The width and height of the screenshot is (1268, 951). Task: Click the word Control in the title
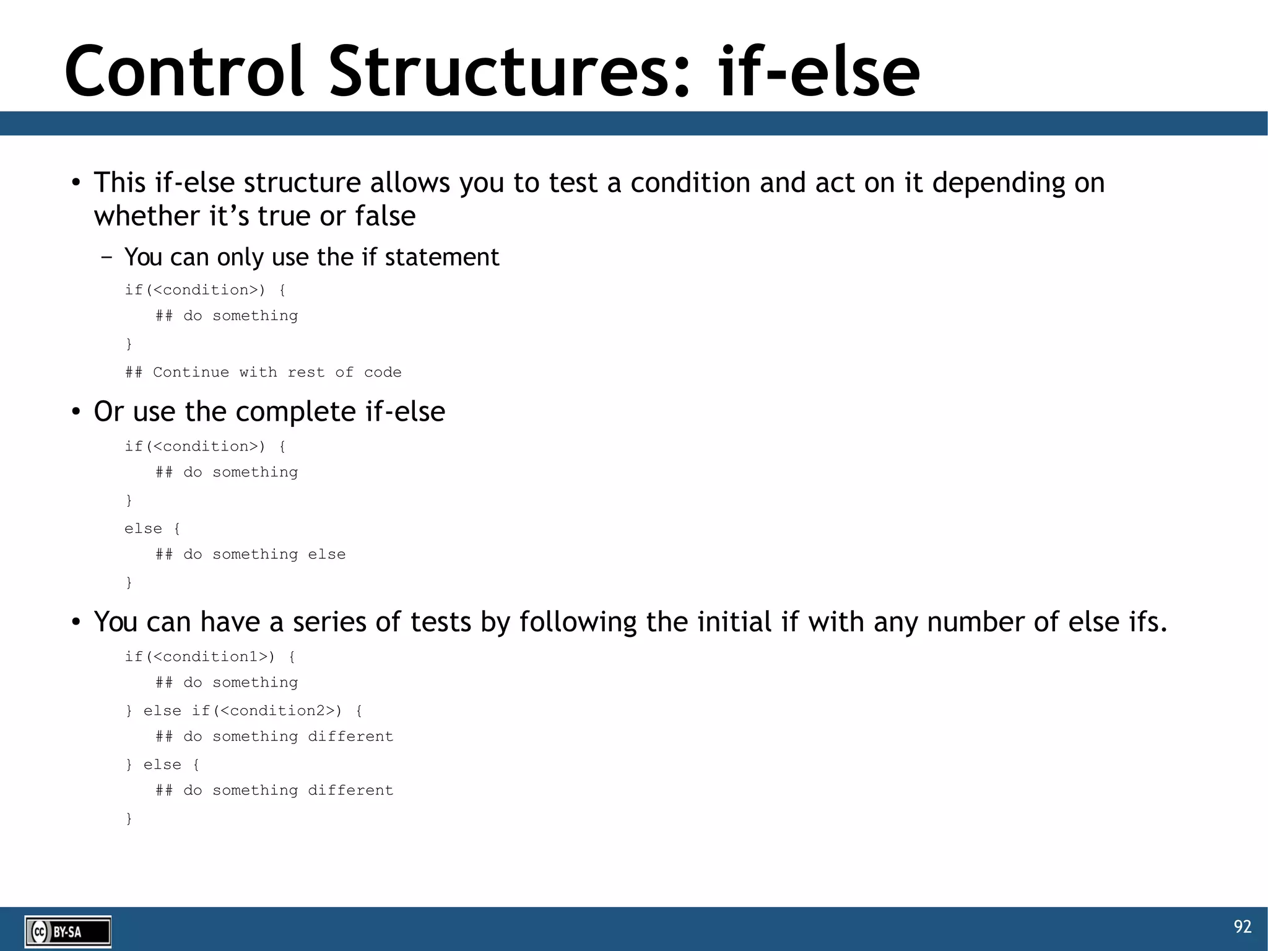pos(185,72)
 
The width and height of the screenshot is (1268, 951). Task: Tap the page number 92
pos(1242,926)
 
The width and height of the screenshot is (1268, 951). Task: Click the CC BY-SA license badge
pos(67,932)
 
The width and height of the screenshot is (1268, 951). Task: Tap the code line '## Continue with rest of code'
pos(263,372)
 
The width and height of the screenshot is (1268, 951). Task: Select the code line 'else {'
pos(152,528)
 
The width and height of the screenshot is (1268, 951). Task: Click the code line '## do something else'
pos(250,554)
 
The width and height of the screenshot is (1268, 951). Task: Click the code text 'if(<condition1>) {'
pos(210,657)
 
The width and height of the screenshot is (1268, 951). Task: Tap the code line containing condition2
pos(244,711)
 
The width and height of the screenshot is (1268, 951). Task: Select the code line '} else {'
pos(162,765)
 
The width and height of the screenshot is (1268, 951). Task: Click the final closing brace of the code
pos(129,818)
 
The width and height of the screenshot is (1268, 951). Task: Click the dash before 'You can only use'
pos(106,257)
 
